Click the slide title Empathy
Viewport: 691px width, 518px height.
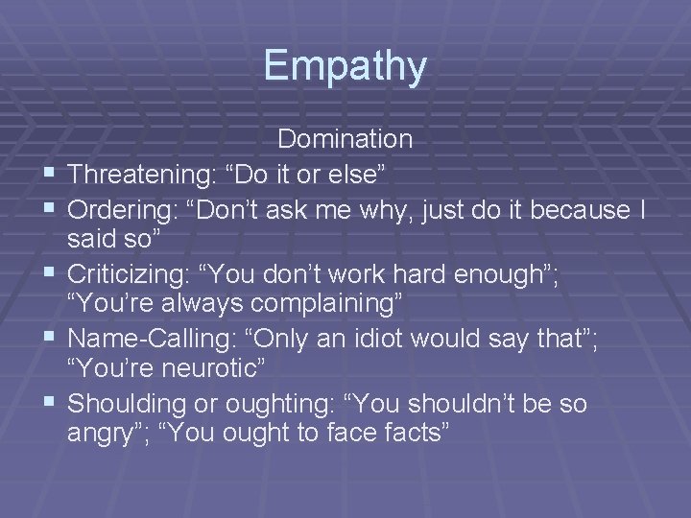pos(345,65)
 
